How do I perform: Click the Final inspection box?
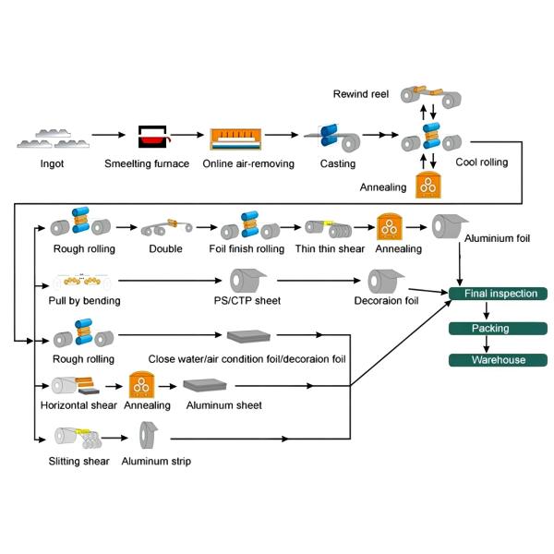500,294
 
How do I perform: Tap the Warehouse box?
500,360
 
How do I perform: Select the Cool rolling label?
481,163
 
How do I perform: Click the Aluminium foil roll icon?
451,226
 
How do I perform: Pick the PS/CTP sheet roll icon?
247,279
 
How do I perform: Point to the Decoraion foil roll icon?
385,280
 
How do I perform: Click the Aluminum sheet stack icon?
210,385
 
